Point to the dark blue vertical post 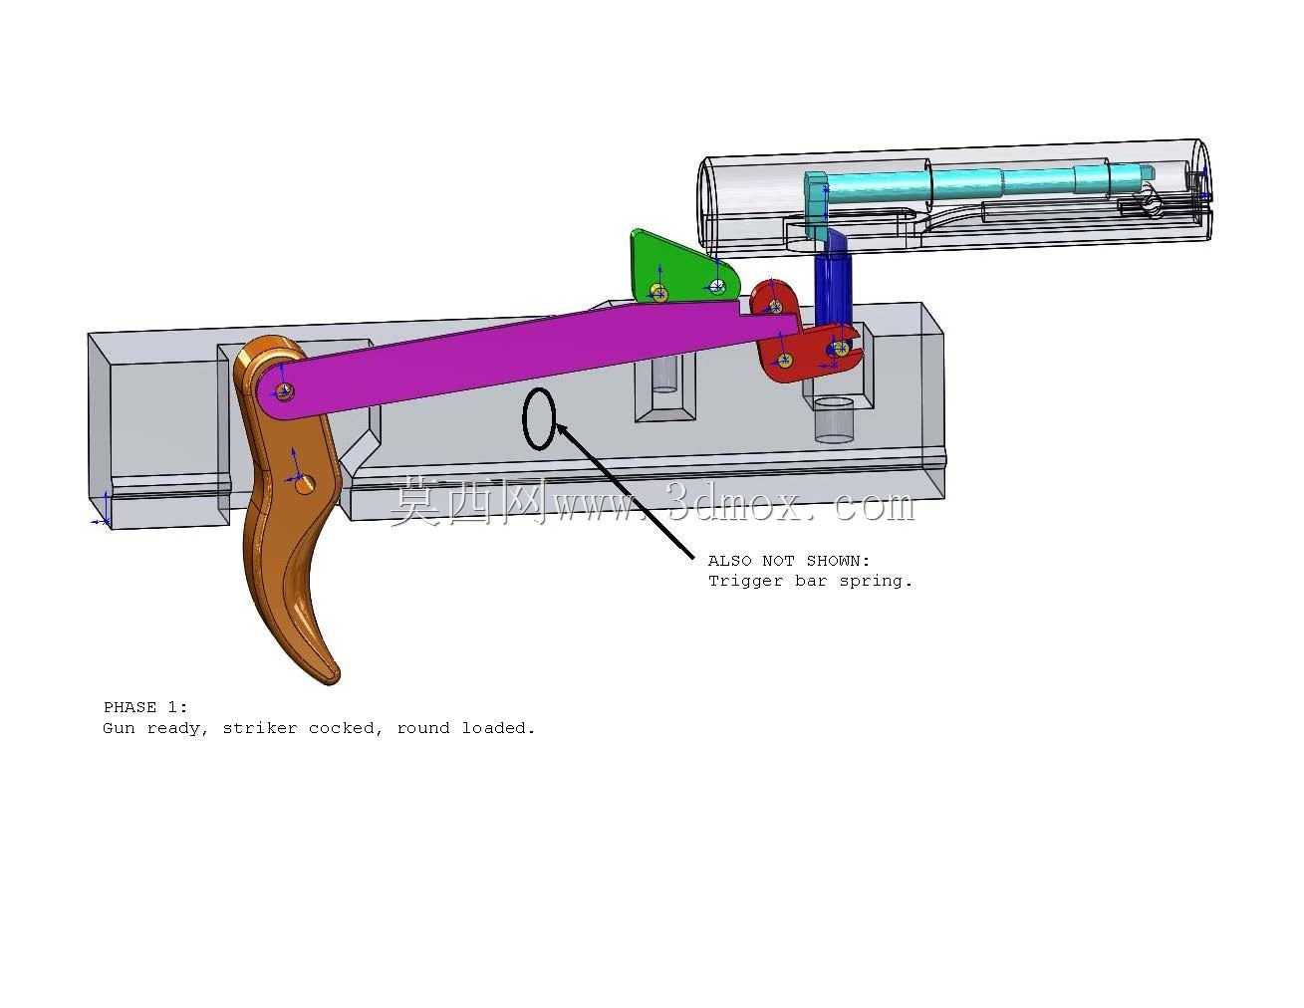833,282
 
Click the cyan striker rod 984,180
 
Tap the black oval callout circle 540,418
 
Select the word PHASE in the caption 130,707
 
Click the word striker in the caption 260,728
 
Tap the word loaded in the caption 497,728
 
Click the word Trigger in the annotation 745,581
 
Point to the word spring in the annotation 876,582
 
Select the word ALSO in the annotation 730,561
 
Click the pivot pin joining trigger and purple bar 285,391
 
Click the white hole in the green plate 716,286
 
